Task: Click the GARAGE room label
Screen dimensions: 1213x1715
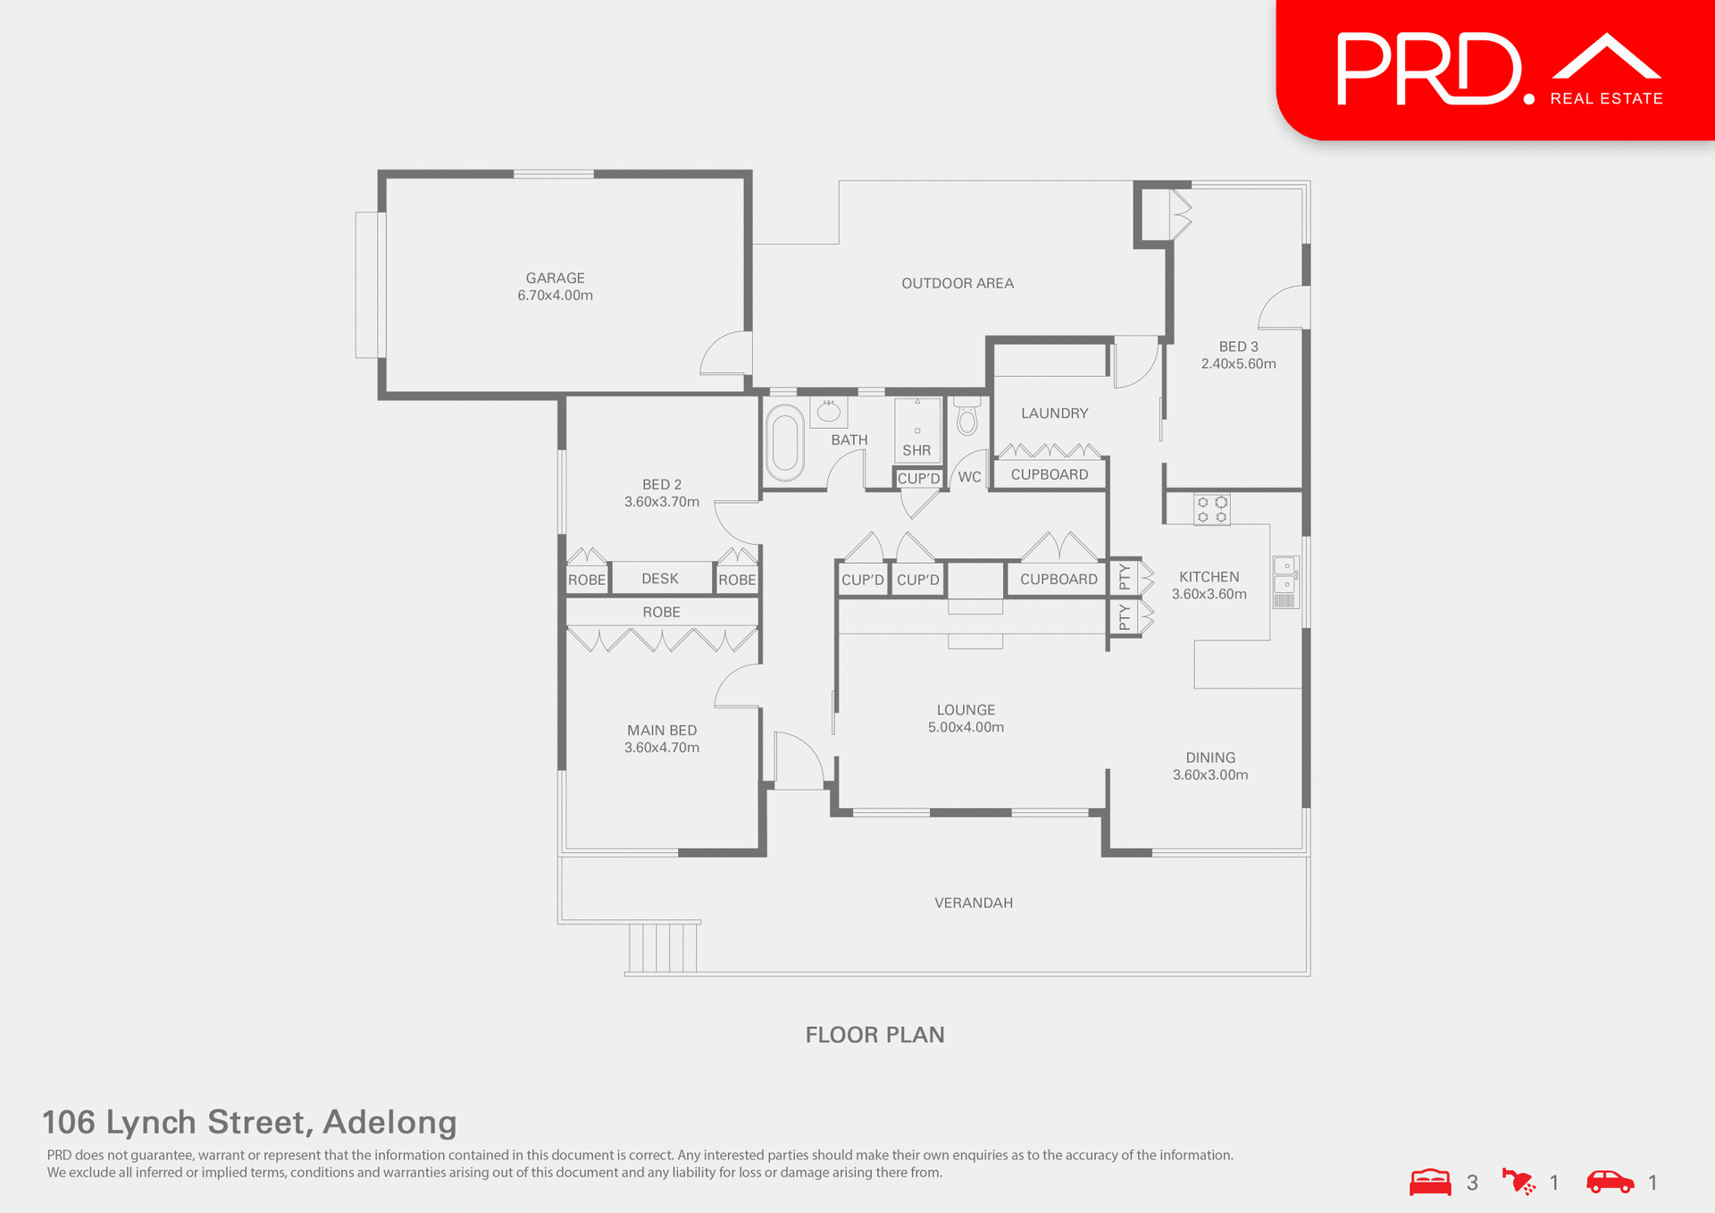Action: click(555, 279)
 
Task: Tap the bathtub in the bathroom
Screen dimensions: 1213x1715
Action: click(785, 442)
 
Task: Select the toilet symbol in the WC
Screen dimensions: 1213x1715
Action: click(966, 418)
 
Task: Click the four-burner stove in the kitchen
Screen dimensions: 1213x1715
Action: click(1212, 509)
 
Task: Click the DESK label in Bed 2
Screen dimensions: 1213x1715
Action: click(660, 579)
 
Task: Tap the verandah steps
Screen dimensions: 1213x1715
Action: click(663, 948)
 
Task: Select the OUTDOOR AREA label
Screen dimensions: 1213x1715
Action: click(958, 283)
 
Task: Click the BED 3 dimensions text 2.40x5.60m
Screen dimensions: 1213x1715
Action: click(1238, 364)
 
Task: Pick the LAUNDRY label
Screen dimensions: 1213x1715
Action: click(1054, 414)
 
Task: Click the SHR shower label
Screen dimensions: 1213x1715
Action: click(916, 450)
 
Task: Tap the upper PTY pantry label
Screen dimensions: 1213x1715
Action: click(1125, 577)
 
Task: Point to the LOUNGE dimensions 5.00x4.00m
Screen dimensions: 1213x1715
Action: click(966, 727)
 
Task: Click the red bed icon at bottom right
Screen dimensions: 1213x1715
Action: click(1430, 1182)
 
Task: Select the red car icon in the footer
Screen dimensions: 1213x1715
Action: click(1610, 1182)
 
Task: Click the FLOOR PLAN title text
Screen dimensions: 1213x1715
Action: click(874, 1034)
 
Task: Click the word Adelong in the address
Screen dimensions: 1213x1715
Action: click(389, 1122)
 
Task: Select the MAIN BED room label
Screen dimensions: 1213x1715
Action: click(662, 731)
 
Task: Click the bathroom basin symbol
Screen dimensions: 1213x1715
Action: click(829, 412)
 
